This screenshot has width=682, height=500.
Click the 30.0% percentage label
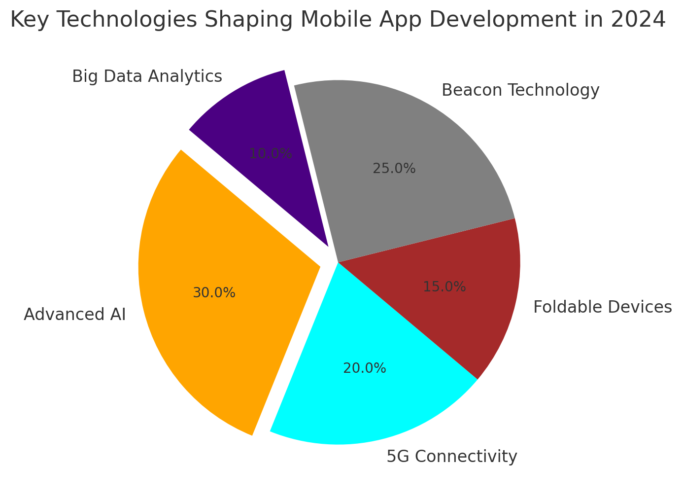click(x=214, y=293)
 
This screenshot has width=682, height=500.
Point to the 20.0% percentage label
click(x=365, y=368)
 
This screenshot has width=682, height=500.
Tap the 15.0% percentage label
click(x=444, y=286)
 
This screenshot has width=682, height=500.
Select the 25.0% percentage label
click(x=394, y=169)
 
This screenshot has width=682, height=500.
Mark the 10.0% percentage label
click(x=271, y=154)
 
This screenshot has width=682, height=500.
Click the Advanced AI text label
click(x=75, y=314)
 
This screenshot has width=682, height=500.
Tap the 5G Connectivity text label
click(x=452, y=457)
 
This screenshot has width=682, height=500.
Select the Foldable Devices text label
click(x=603, y=307)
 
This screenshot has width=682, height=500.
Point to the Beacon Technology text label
click(x=520, y=90)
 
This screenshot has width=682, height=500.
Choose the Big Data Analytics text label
click(x=147, y=76)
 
